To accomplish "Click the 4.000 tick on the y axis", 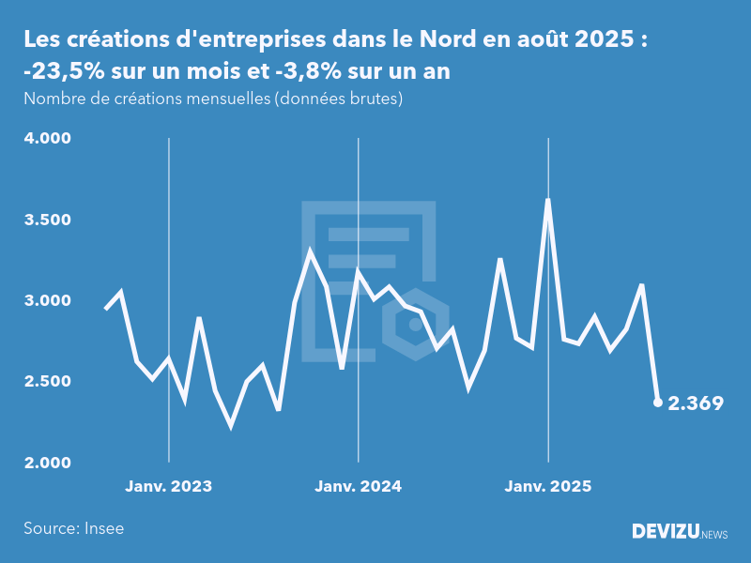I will [48, 139].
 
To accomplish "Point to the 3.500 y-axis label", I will [48, 220].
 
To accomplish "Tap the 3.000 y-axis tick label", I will [48, 300].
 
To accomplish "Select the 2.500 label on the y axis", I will [48, 381].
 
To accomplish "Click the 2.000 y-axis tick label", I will [48, 463].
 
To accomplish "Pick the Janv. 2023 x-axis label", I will [169, 486].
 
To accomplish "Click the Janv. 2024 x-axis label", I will [358, 486].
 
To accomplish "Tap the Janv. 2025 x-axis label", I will [548, 486].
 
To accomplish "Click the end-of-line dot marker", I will [657, 403].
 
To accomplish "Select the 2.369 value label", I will [696, 403].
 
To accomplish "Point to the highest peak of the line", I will [547, 200].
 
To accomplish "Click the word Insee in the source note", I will [102, 528].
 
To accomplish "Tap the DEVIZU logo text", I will [665, 532].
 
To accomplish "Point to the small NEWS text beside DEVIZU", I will [714, 535].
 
